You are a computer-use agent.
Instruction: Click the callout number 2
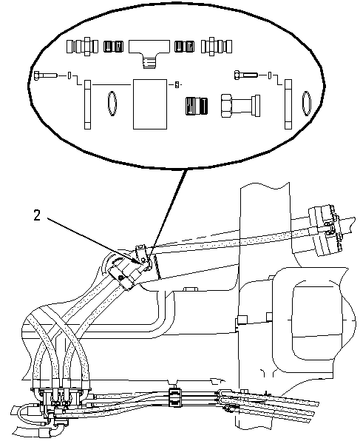tap(38, 216)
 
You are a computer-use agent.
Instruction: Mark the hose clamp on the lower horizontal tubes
tap(175, 397)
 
